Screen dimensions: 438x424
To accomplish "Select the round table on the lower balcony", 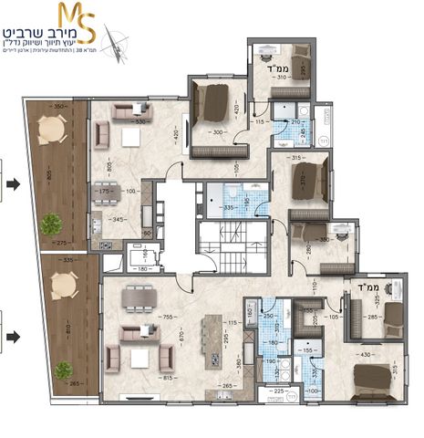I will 62,289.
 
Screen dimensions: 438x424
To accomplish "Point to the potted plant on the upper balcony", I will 52,222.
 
